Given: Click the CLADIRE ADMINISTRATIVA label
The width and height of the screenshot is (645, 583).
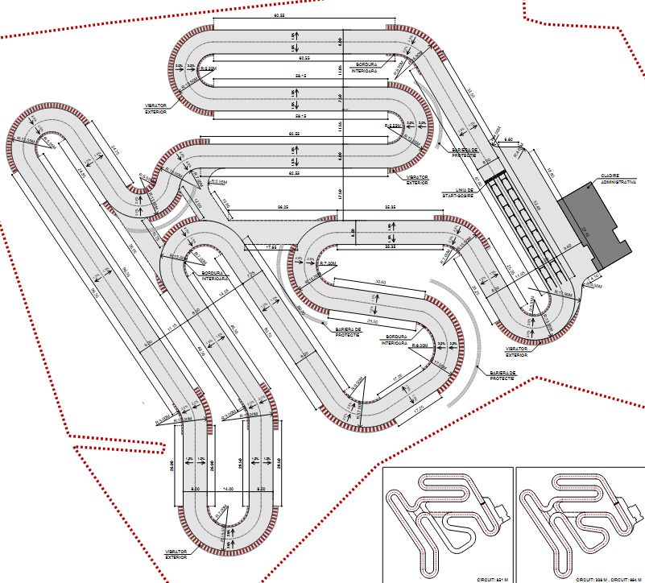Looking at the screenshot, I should [618, 176].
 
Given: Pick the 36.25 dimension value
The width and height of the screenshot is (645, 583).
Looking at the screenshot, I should [283, 207].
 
